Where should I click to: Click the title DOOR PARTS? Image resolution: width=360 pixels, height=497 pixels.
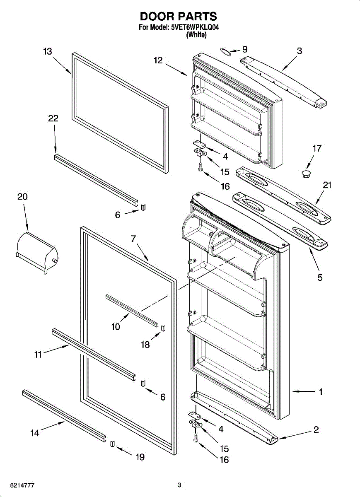tap(178, 17)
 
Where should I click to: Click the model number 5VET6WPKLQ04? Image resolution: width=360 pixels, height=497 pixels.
tap(195, 28)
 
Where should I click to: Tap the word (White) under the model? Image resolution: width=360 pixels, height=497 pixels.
tap(196, 35)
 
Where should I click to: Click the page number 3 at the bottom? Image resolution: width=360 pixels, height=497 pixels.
tap(179, 485)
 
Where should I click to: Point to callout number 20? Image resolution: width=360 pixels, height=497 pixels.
tap(22, 197)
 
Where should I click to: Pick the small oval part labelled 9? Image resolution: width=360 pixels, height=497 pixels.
tap(225, 51)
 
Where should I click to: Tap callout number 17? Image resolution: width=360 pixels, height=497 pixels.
tap(317, 148)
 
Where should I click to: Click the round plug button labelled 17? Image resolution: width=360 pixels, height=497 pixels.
tap(307, 173)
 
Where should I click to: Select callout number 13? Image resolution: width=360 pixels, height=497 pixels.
tap(48, 51)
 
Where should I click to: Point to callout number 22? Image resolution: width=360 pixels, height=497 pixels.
tap(53, 118)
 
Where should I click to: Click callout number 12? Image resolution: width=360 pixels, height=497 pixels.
tap(158, 60)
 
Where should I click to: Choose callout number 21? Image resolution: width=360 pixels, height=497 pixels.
tap(327, 185)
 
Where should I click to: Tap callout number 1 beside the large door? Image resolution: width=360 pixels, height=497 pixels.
tap(320, 391)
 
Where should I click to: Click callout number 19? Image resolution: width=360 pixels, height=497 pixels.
tap(140, 457)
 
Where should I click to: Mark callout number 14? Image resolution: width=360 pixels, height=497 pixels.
tap(35, 433)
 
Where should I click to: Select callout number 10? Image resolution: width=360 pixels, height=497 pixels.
tap(116, 327)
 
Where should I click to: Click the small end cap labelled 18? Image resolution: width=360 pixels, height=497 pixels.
tap(163, 328)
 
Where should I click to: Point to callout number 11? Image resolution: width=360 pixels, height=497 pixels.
tap(38, 355)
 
